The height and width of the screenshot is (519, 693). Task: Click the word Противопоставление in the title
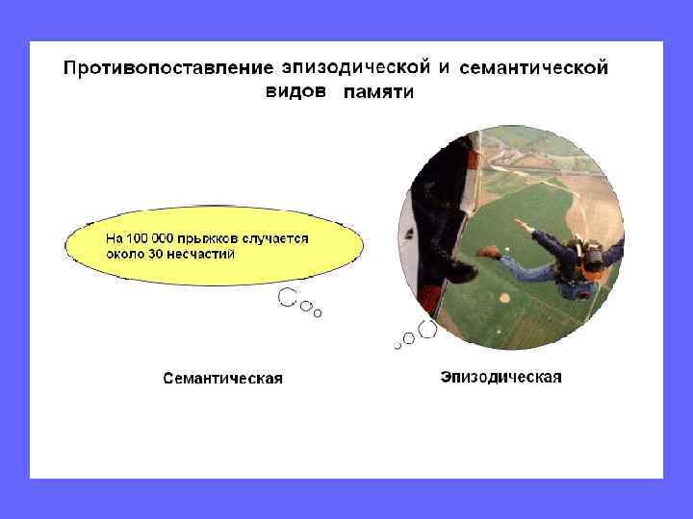[x=169, y=70]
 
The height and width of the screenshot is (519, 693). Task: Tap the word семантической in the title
[x=534, y=68]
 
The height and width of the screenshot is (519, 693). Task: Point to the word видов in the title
[x=296, y=92]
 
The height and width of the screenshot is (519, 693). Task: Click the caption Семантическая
[x=221, y=378]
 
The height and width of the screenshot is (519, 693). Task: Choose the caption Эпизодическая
[x=500, y=377]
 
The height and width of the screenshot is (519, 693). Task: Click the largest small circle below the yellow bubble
[x=286, y=298]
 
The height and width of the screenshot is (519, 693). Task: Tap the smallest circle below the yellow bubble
[x=319, y=312]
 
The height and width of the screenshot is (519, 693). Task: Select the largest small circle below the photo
[x=427, y=330]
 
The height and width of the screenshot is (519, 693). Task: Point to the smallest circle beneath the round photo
[x=397, y=345]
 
